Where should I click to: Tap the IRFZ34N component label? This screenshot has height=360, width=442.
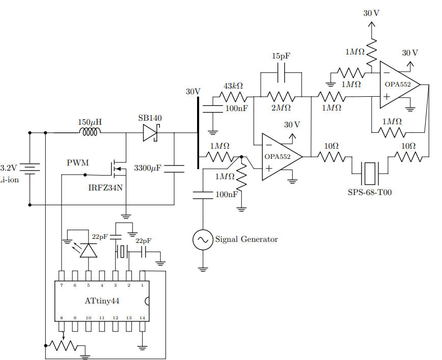[106, 187]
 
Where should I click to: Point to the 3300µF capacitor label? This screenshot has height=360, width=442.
[147, 168]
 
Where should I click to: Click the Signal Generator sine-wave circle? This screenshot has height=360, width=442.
[203, 239]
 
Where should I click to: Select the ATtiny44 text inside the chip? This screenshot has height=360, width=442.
[102, 300]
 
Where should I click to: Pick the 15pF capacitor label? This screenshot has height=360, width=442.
[281, 56]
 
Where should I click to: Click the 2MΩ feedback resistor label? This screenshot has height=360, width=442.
[281, 108]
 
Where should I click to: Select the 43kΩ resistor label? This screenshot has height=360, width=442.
[232, 86]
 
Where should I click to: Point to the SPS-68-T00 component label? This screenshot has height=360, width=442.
[370, 192]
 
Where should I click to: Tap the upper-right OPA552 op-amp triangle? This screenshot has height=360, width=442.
[398, 85]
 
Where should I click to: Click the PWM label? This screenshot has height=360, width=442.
[77, 163]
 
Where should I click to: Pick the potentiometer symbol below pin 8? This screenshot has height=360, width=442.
[63, 345]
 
